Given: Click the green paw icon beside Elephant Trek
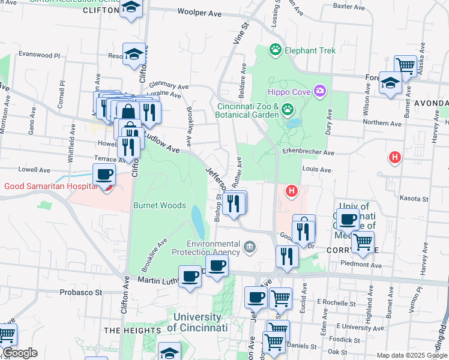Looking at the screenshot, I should [276, 50].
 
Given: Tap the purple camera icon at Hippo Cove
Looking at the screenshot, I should [320, 91].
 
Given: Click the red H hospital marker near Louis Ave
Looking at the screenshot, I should [292, 191].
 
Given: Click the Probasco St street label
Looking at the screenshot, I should [81, 293].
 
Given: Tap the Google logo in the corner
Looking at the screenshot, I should [19, 353].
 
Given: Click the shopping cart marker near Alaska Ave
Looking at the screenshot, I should [406, 66].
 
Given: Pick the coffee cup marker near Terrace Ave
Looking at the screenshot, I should [104, 175].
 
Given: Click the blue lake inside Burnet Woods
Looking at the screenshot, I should [197, 221].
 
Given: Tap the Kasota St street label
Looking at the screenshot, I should [414, 199].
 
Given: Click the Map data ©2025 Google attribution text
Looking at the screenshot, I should [412, 355].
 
